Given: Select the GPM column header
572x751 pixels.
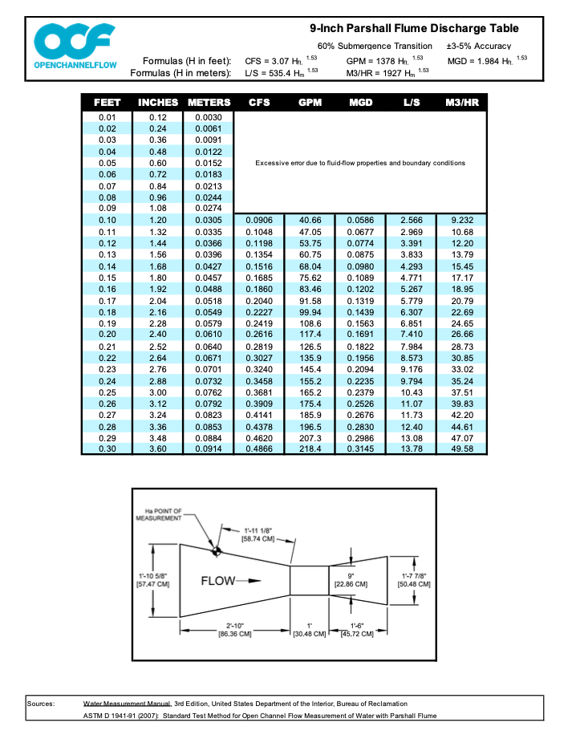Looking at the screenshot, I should click(310, 103).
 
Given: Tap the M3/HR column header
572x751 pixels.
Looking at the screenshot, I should click(461, 103).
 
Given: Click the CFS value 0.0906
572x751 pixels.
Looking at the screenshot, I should click(259, 220).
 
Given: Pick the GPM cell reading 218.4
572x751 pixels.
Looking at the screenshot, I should click(310, 449).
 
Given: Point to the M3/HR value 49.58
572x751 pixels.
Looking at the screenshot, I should click(462, 449).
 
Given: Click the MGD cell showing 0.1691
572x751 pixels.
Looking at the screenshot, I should click(360, 334).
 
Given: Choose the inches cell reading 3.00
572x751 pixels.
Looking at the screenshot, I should click(158, 392).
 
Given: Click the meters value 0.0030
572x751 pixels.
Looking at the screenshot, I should click(208, 118).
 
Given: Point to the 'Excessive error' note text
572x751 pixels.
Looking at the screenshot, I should click(360, 164).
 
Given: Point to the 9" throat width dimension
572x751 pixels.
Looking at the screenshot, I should click(351, 580).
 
